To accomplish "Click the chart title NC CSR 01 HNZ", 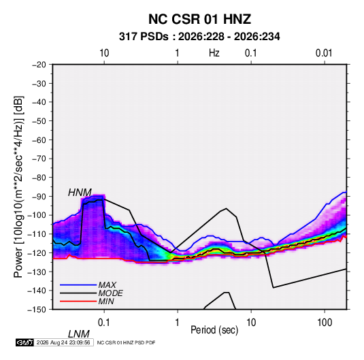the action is [x=199, y=19].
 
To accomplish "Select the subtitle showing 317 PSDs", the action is [x=199, y=37].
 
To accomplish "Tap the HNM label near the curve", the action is [x=80, y=193].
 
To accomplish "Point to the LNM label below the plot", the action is [x=79, y=334].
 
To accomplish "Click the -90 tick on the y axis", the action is [x=39, y=196].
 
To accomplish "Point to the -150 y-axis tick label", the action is [x=37, y=310].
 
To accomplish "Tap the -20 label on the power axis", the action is [x=39, y=65].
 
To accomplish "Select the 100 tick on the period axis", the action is [x=325, y=323].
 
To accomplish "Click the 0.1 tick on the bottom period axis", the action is [x=104, y=323].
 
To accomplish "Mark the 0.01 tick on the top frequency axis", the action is [x=324, y=53].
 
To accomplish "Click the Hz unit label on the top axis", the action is [x=214, y=53].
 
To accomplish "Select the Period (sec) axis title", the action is [x=214, y=330].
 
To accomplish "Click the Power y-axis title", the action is [x=18, y=187].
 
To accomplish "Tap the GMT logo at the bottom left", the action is [x=24, y=342].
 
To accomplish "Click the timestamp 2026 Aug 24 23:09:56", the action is [x=63, y=342].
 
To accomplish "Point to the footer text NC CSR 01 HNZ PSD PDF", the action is [x=126, y=342].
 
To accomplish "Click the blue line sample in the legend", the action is [x=78, y=285].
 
